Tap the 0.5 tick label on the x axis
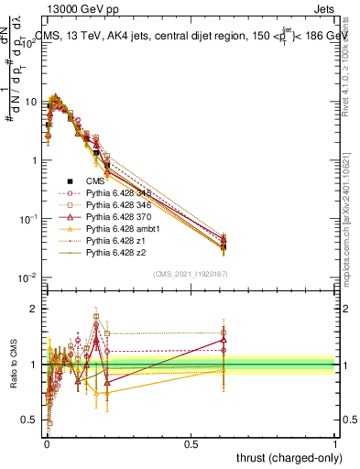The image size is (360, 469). click(x=191, y=442)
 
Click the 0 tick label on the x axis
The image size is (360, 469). click(x=47, y=442)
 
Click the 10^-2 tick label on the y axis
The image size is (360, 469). click(x=28, y=278)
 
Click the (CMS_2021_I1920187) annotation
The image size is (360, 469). click(x=191, y=274)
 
